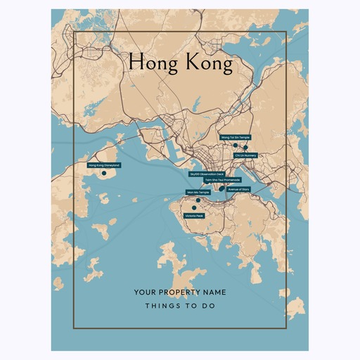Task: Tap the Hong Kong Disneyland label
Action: (103, 165)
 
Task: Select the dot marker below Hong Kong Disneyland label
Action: (103, 173)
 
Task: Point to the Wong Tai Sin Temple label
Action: (235, 138)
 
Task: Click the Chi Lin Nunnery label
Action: (246, 155)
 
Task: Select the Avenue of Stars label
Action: (238, 188)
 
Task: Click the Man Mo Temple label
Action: (198, 192)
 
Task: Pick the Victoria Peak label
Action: (194, 216)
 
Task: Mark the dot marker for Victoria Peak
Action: (194, 208)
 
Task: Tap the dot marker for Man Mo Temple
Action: (198, 200)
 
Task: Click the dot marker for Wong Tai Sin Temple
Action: (236, 145)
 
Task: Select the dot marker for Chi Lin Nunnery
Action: (245, 148)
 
